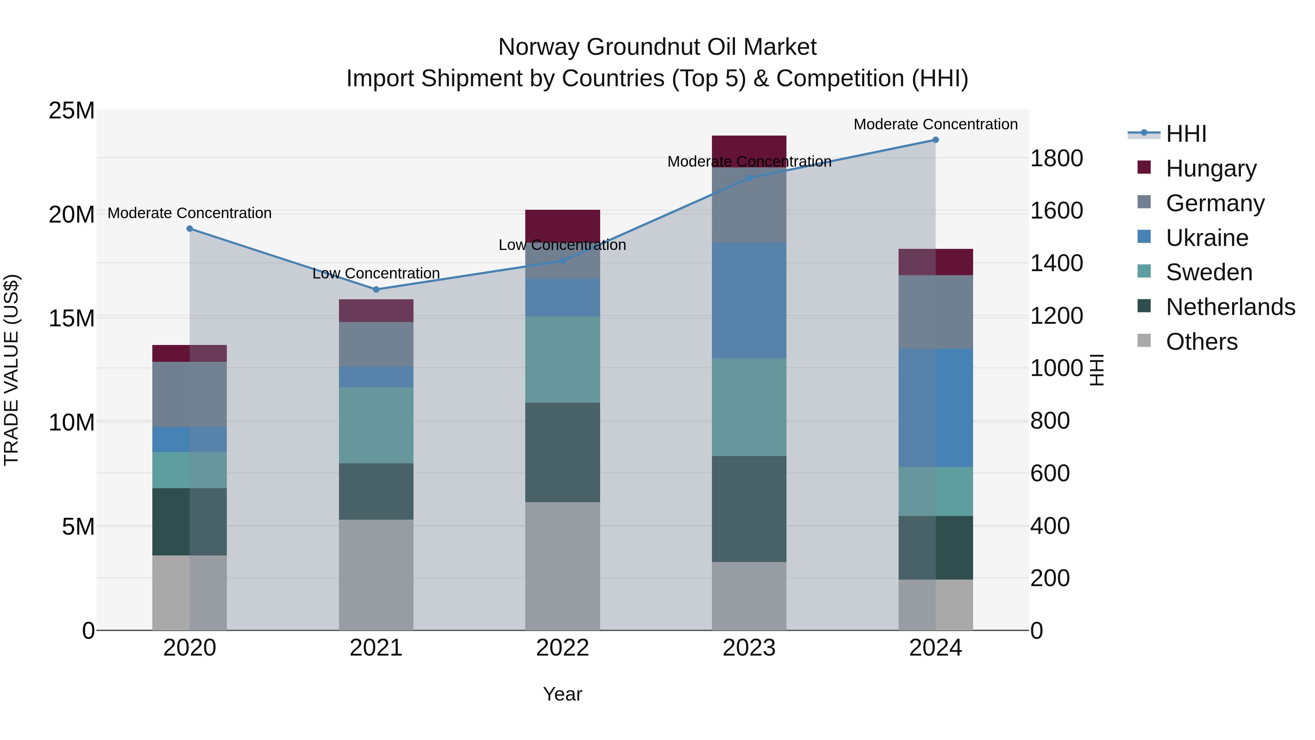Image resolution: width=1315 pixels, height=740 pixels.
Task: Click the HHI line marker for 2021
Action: click(x=376, y=289)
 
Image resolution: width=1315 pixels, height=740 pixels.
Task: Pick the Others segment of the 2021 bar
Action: click(x=376, y=575)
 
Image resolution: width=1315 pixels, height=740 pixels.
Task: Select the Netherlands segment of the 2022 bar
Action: click(x=563, y=452)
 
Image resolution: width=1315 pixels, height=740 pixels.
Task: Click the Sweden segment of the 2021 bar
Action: click(x=376, y=425)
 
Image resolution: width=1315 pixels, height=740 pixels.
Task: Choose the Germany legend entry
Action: click(x=1215, y=203)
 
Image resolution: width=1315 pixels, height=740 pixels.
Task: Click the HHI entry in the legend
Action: click(x=1186, y=134)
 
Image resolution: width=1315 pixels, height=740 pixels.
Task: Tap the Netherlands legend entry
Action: click(x=1230, y=307)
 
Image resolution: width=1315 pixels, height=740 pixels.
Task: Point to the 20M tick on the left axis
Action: click(x=72, y=215)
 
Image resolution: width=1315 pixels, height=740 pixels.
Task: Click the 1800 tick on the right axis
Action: click(x=1056, y=158)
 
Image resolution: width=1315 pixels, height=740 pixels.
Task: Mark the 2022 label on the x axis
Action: click(x=563, y=648)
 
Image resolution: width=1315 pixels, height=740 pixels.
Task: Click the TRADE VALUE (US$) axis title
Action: click(x=11, y=370)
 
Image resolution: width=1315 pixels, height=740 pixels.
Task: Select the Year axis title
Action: click(x=563, y=694)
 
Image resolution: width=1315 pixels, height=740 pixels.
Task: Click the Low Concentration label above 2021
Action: click(x=376, y=274)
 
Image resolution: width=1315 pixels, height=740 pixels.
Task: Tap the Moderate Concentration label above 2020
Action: click(x=189, y=213)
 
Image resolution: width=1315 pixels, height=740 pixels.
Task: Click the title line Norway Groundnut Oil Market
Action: click(x=657, y=47)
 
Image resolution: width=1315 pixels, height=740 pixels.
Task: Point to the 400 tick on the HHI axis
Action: click(x=1049, y=526)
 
